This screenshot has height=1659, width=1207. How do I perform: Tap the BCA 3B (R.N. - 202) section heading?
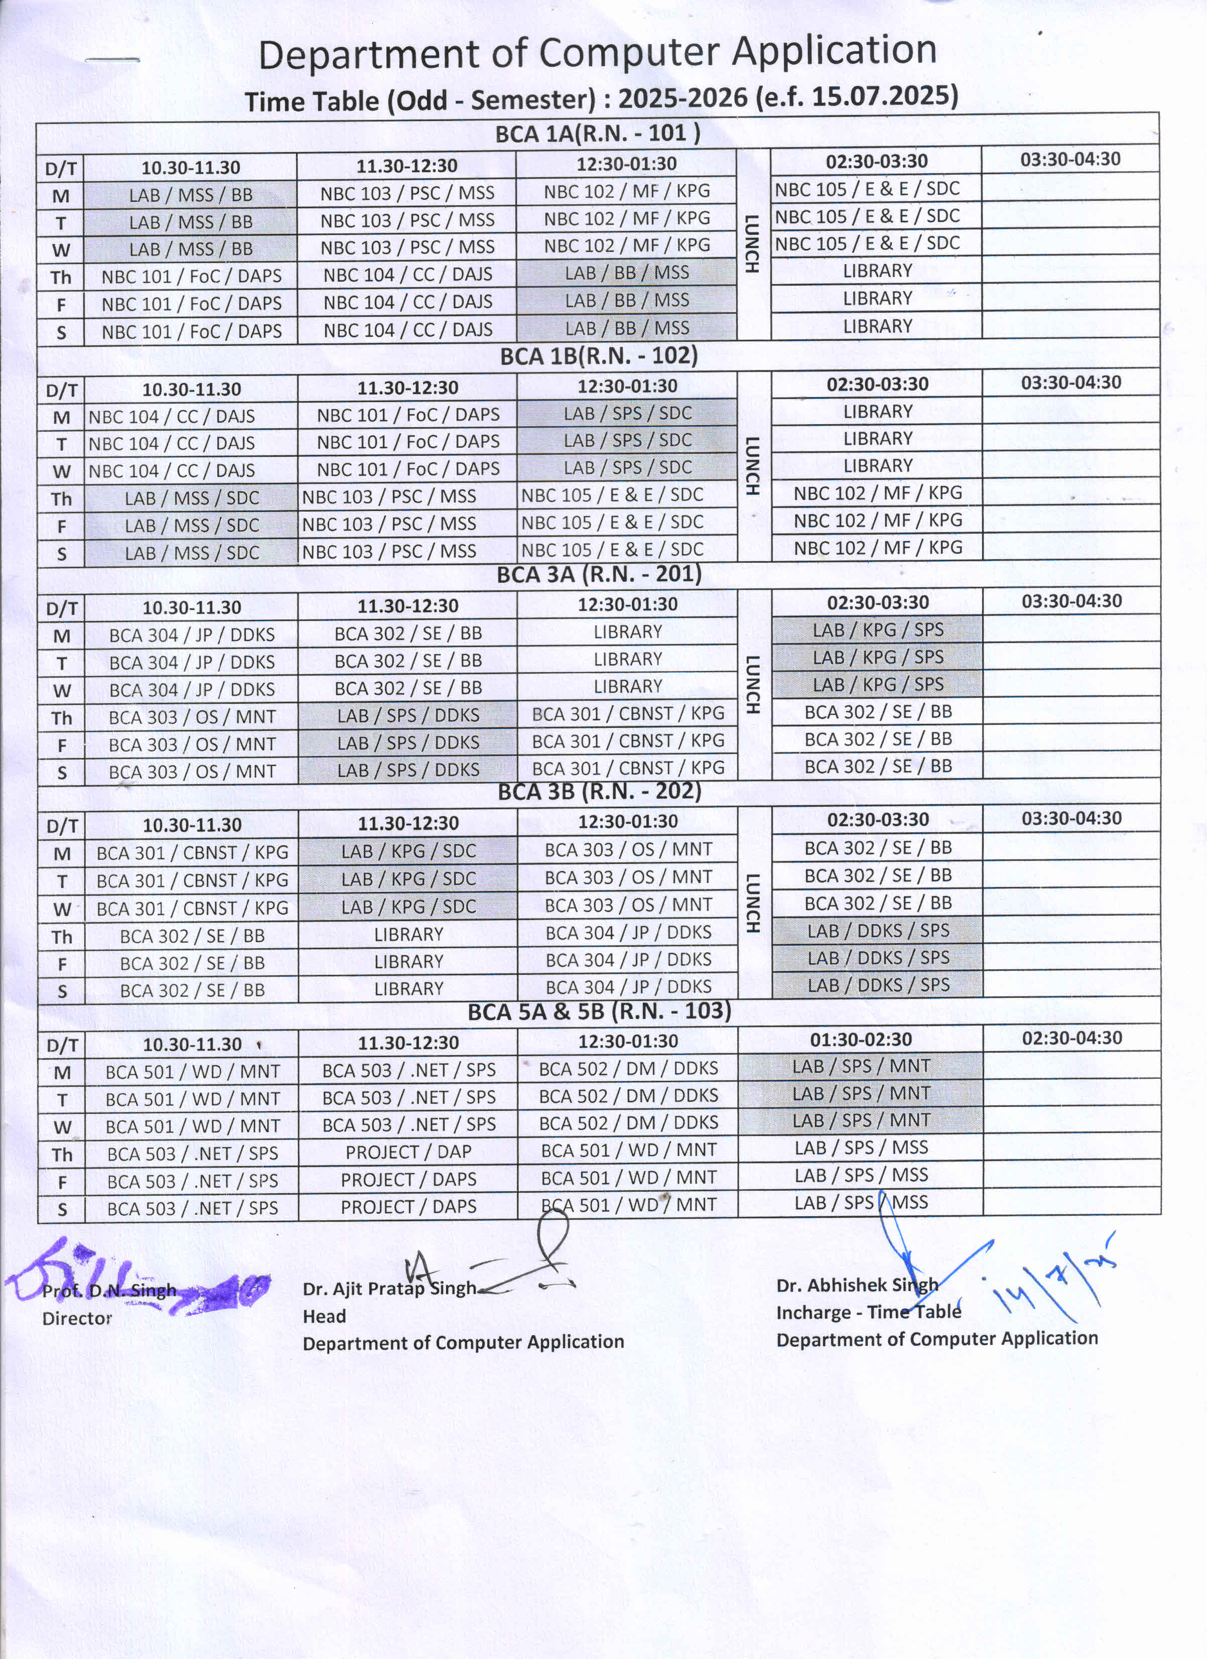point(599,792)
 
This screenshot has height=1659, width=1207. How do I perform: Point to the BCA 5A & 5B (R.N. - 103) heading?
point(599,1011)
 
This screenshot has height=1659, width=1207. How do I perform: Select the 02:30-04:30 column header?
point(1071,1038)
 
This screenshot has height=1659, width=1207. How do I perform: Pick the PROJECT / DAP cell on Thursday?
point(408,1152)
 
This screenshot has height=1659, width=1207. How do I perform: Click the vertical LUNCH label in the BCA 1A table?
point(751,243)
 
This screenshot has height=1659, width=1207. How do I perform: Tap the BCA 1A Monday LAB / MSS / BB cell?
point(190,195)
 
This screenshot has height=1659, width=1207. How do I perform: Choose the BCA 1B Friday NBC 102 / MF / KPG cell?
point(878,520)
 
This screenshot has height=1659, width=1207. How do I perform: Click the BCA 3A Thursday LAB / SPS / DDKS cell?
point(408,715)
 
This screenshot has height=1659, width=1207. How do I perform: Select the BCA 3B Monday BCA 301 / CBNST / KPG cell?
point(192,853)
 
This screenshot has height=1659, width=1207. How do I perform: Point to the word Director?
point(77,1318)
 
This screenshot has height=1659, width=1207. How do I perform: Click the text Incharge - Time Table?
point(868,1312)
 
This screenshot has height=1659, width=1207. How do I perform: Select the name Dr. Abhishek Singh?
point(857,1285)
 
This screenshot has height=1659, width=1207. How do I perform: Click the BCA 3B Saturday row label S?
point(62,991)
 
